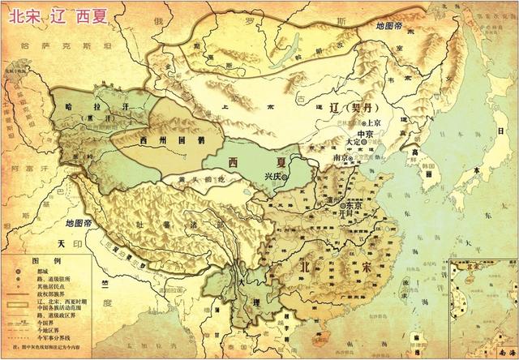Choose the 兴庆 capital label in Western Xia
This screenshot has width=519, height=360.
[x=276, y=176]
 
